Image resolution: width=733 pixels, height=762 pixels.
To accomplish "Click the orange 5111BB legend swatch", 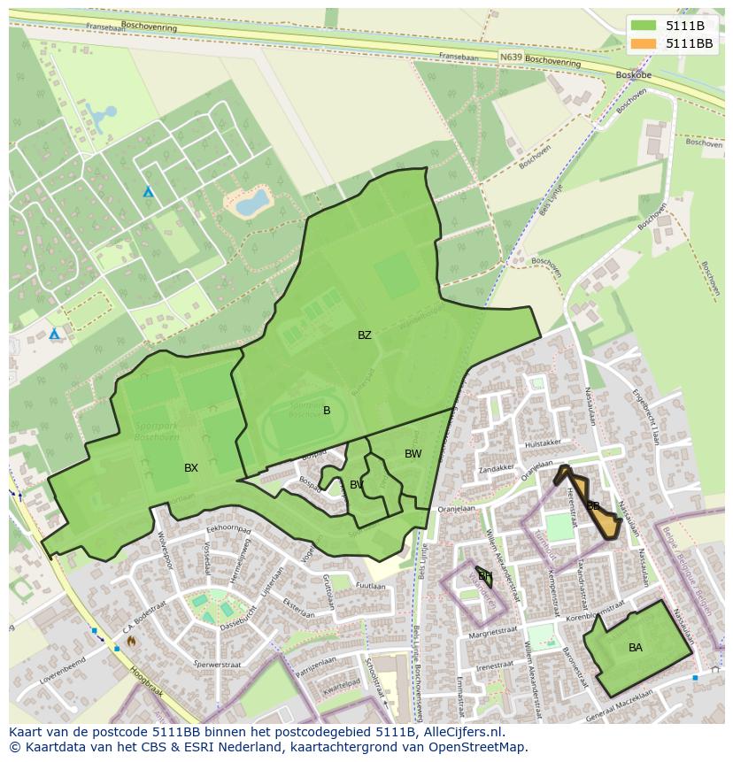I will point(644,43).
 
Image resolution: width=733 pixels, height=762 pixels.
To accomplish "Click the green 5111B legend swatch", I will point(644,26).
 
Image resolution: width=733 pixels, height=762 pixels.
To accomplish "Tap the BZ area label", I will point(365,335).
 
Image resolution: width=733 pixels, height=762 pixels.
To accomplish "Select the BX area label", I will point(191,468).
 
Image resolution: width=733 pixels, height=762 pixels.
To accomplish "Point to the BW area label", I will point(413,454).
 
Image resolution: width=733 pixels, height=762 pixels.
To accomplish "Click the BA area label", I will point(636,648).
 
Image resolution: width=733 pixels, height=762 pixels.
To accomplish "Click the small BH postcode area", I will point(484,576).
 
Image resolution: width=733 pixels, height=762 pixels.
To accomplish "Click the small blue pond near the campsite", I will point(252,204).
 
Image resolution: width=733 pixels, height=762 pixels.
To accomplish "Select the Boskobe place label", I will point(633,76).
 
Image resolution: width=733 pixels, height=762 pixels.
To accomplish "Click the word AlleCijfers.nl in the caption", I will point(461,732).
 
